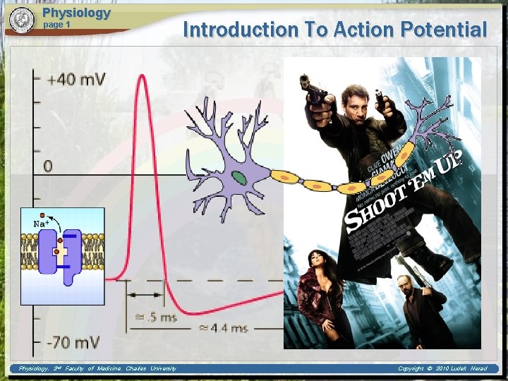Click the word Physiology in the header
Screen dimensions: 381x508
point(76,13)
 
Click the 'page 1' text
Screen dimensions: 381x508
point(58,25)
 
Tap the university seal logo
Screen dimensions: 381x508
point(22,20)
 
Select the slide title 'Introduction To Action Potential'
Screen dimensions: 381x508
point(334,30)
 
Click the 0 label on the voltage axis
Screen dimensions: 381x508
point(48,166)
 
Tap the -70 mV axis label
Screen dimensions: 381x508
point(73,342)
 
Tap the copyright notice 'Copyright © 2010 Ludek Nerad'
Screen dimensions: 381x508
point(442,368)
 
